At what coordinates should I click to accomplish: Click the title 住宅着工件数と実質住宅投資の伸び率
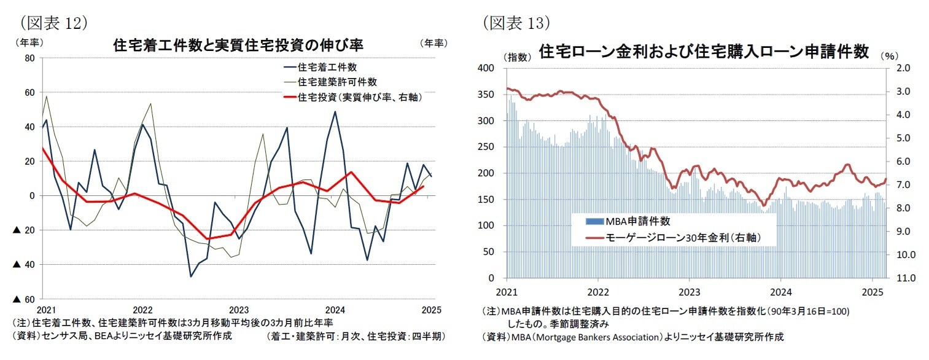(x=238, y=45)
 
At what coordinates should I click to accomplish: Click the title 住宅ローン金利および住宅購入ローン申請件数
(x=703, y=52)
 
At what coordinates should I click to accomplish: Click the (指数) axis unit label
(x=517, y=57)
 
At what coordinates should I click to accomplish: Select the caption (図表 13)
(x=516, y=23)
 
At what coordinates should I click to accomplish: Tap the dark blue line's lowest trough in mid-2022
(x=191, y=276)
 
